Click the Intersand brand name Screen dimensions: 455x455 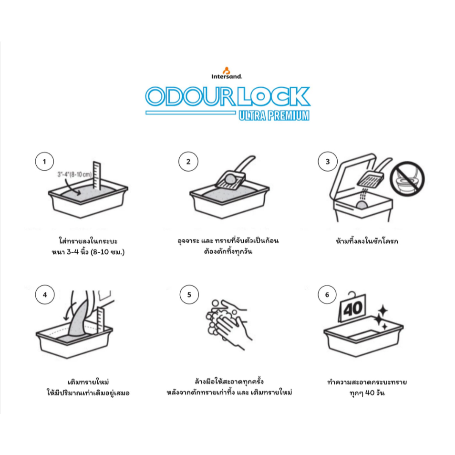coord(227,77)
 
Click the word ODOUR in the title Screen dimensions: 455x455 coord(190,96)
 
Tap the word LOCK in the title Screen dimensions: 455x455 coord(274,96)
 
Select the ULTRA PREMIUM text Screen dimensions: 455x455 coord(274,115)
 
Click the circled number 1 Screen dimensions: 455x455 coord(44,161)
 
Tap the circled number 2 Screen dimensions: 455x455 coord(188,161)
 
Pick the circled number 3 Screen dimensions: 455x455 coord(328,161)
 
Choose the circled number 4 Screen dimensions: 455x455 coord(45,295)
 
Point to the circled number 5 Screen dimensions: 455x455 coord(189,295)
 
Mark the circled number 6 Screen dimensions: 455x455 coord(327,295)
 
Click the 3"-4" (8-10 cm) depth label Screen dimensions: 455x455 coord(74,175)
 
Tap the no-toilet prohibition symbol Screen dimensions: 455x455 coord(407,178)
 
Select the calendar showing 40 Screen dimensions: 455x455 coord(352,308)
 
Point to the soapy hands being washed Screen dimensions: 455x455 coord(228,323)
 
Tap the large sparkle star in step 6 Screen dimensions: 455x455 coord(383,310)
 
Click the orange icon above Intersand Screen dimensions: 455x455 coord(227,70)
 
